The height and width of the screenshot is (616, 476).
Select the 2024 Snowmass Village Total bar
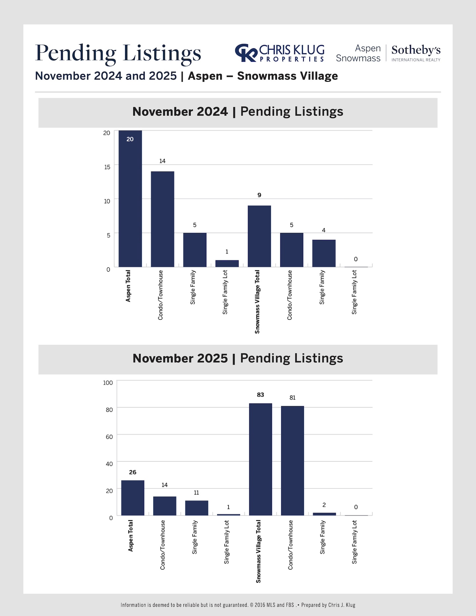click(259, 236)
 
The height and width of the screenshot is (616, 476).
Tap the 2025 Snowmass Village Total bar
click(260, 459)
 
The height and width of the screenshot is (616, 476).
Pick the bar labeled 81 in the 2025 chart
click(292, 461)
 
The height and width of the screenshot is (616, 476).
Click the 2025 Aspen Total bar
click(133, 498)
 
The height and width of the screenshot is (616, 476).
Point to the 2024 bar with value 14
click(162, 219)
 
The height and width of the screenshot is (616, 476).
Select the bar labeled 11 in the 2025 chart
click(196, 508)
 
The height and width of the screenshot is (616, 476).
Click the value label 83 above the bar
click(260, 395)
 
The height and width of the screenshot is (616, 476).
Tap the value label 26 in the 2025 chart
click(133, 472)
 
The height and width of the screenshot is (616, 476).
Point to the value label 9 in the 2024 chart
click(259, 195)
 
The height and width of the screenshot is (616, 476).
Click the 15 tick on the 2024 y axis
click(107, 167)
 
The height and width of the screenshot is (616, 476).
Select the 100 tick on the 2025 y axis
click(108, 383)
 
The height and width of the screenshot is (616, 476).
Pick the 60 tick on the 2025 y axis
click(109, 437)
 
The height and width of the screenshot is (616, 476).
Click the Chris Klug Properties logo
click(280, 53)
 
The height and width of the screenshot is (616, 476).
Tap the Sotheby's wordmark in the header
click(416, 50)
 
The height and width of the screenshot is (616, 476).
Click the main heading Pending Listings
click(118, 53)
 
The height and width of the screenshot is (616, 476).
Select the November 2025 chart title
click(238, 359)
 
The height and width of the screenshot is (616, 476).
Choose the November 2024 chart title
click(238, 112)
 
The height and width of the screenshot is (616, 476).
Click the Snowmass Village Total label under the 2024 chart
click(257, 302)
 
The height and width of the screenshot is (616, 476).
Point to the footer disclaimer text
click(238, 605)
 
